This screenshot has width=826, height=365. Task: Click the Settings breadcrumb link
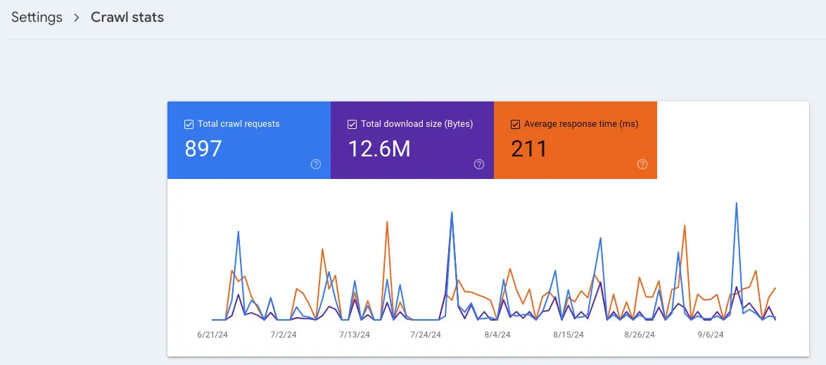pyautogui.click(x=37, y=18)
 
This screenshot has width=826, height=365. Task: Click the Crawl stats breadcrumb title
pyautogui.click(x=127, y=18)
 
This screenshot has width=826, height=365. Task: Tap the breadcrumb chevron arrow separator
pyautogui.click(x=77, y=18)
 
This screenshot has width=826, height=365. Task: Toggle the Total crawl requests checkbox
pyautogui.click(x=189, y=124)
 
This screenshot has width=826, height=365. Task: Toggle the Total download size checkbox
pyautogui.click(x=352, y=124)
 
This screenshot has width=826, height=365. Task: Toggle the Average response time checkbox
pyautogui.click(x=515, y=124)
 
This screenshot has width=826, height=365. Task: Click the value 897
pyautogui.click(x=203, y=149)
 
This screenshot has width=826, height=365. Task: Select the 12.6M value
pyautogui.click(x=379, y=149)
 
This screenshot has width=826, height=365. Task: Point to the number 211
pyautogui.click(x=529, y=149)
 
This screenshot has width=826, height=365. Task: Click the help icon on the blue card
pyautogui.click(x=316, y=164)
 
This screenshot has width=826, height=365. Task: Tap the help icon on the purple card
pyautogui.click(x=479, y=164)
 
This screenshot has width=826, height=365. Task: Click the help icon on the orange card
pyautogui.click(x=642, y=164)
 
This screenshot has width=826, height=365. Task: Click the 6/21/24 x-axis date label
pyautogui.click(x=212, y=335)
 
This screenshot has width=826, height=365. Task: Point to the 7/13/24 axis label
pyautogui.click(x=354, y=335)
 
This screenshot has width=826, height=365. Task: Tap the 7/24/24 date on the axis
pyautogui.click(x=426, y=335)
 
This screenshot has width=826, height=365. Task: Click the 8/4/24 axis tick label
pyautogui.click(x=497, y=335)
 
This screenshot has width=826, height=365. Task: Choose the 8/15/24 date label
pyautogui.click(x=568, y=335)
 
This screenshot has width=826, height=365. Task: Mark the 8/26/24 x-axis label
pyautogui.click(x=639, y=335)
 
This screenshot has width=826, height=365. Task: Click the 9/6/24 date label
pyautogui.click(x=711, y=335)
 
